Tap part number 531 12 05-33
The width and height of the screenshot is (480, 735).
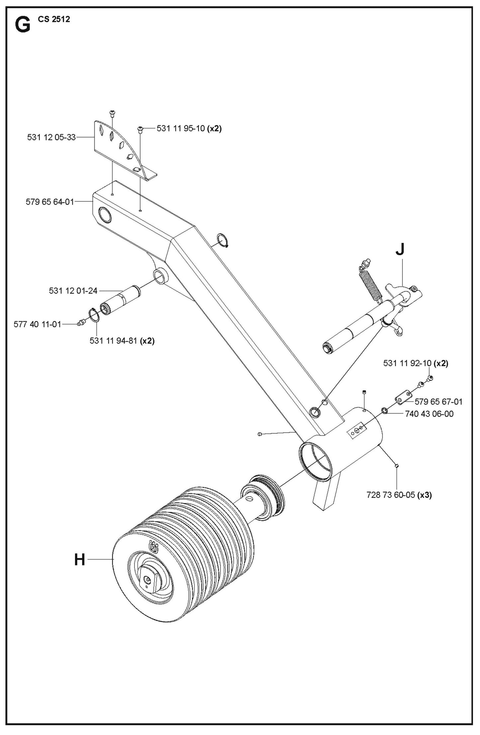51,137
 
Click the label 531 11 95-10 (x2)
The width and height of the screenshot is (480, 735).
189,128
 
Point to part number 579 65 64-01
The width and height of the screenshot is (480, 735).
50,202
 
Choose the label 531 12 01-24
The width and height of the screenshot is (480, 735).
73,291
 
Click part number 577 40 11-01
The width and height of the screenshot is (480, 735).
38,324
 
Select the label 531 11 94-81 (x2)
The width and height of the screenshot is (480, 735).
122,341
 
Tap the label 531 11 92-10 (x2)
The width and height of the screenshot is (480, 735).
416,363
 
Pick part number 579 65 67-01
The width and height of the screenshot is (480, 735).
438,402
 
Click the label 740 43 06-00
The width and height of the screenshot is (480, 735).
429,414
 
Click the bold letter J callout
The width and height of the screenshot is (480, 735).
400,249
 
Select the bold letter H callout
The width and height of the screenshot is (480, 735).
80,560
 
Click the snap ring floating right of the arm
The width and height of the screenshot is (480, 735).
222,240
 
